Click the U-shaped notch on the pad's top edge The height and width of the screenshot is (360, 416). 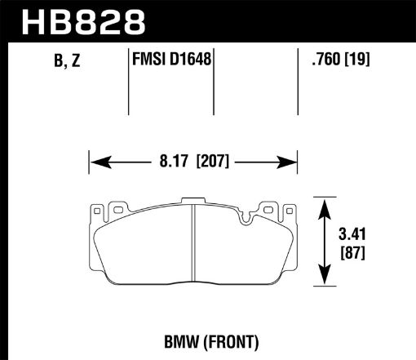(246, 217)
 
